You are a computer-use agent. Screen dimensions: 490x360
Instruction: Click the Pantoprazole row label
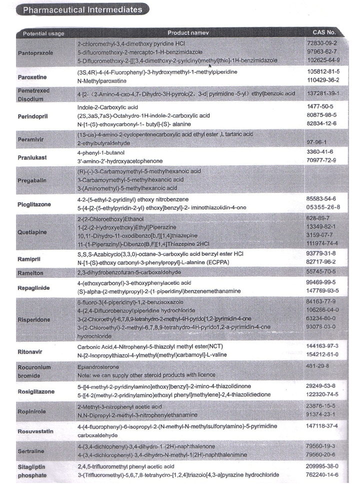(x=35, y=52)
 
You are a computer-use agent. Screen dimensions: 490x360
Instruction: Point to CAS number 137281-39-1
(x=324, y=93)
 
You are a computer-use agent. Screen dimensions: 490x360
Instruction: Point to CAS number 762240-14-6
(x=324, y=474)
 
